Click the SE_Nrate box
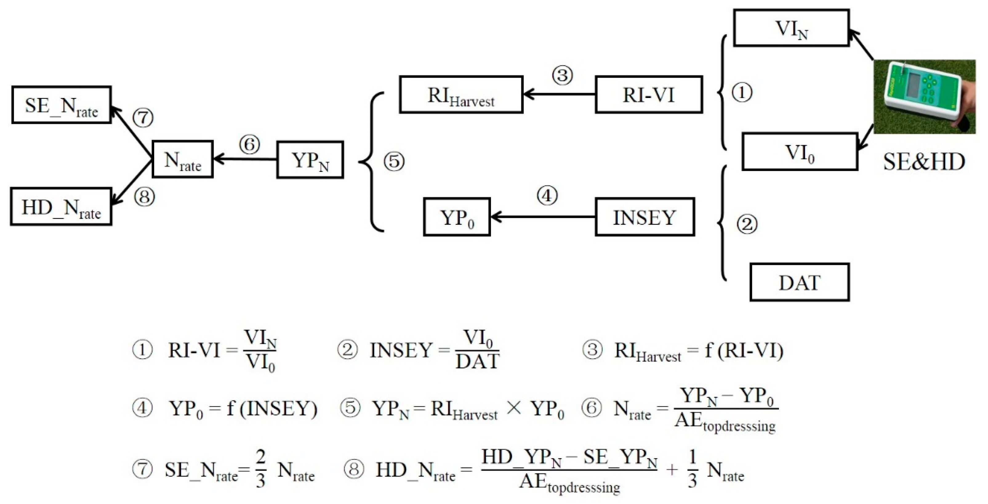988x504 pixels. point(61,105)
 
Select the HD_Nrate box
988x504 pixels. point(61,207)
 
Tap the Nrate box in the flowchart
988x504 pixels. point(183,159)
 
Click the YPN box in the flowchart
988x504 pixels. point(310,160)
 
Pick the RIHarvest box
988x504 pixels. point(461,95)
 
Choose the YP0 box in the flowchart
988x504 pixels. point(457,217)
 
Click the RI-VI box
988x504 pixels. point(649,95)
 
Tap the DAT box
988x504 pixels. point(800,282)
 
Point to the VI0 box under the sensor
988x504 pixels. point(800,152)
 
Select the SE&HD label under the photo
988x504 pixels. point(924,162)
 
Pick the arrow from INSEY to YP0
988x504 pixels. point(543,217)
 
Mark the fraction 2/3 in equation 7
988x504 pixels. point(261,469)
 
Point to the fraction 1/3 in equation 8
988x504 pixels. point(692,469)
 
